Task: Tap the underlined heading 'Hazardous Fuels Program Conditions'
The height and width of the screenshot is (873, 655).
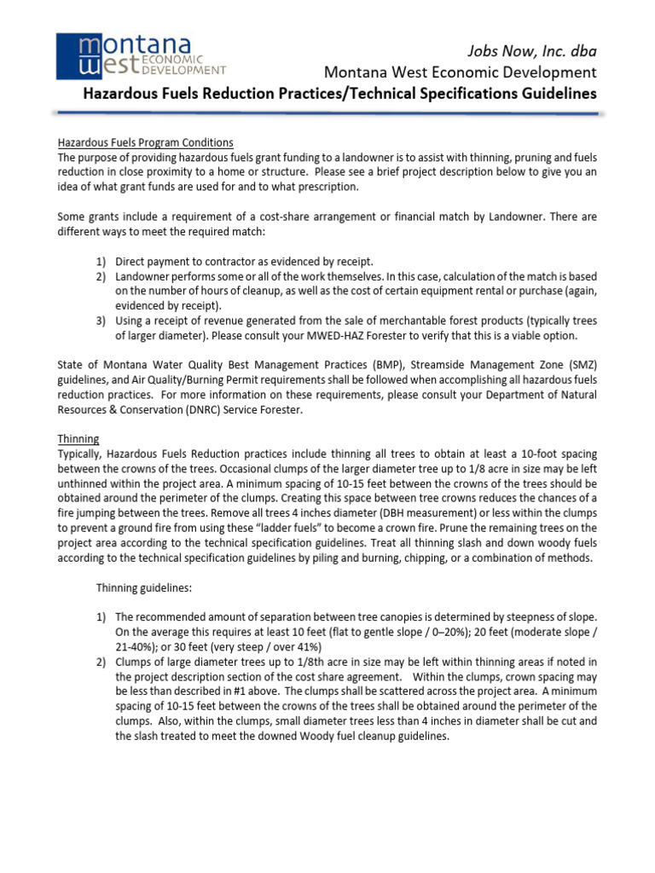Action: [x=145, y=142]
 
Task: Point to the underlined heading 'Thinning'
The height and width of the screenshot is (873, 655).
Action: [x=78, y=438]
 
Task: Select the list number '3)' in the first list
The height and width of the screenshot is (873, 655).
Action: [x=101, y=321]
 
